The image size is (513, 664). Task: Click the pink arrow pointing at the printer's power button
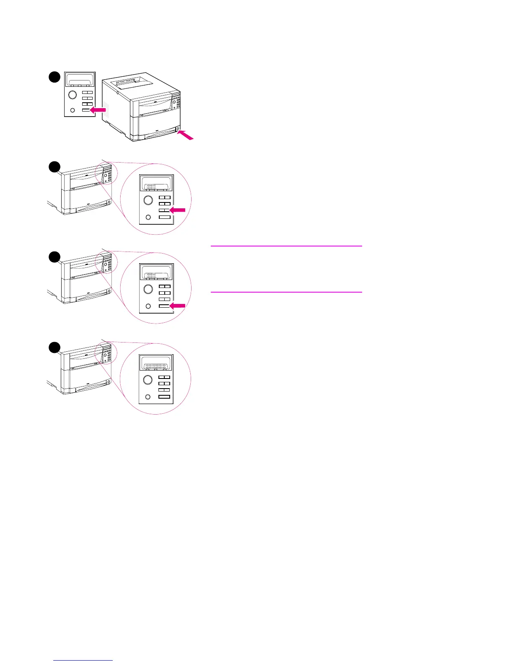click(186, 135)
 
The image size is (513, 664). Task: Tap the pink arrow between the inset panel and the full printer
click(98, 110)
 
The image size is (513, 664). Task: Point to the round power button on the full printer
click(178, 128)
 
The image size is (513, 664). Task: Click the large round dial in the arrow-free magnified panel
click(148, 380)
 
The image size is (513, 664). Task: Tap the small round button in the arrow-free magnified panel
click(148, 397)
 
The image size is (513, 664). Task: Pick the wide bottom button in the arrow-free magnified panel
click(164, 397)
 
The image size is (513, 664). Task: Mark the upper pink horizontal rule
click(286, 246)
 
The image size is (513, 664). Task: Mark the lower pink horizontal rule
click(286, 292)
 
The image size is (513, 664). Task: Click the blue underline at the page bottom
click(83, 660)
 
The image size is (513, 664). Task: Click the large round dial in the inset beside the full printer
click(73, 95)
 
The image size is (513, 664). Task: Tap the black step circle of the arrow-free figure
click(54, 347)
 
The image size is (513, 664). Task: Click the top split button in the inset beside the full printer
click(87, 93)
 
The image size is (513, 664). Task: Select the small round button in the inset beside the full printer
click(73, 110)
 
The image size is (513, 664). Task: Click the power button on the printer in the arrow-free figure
click(109, 382)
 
